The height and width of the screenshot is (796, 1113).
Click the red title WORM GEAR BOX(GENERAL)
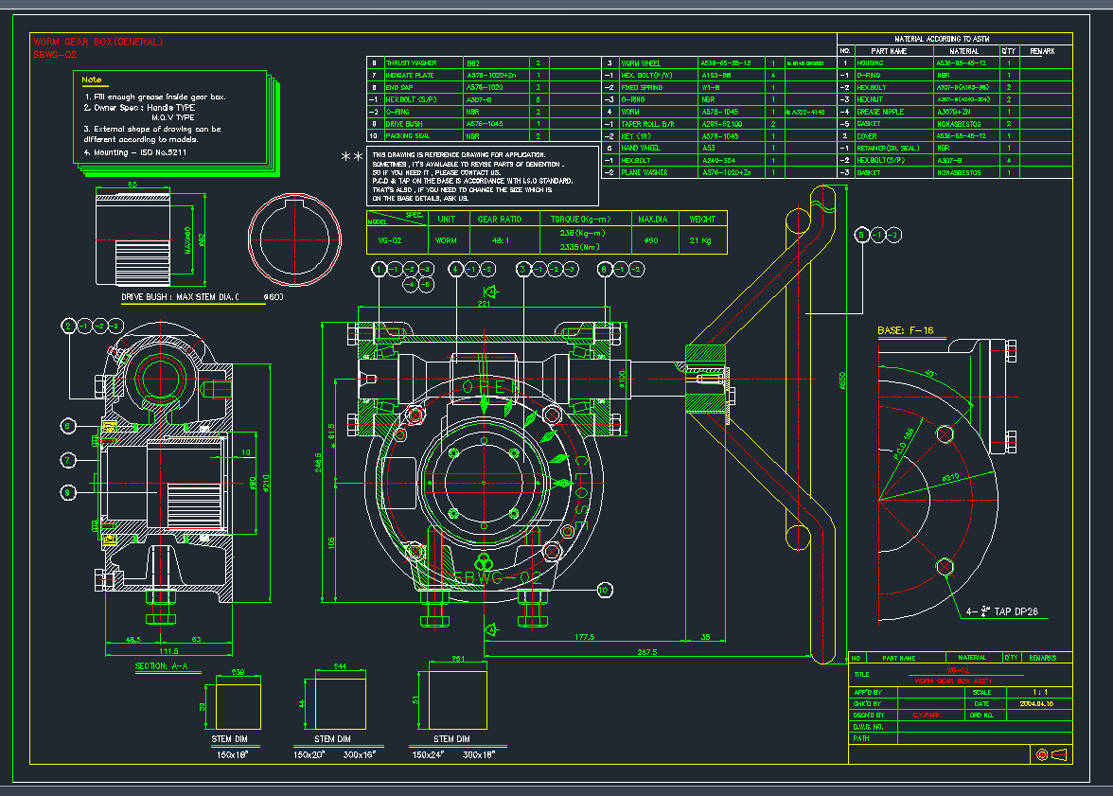pos(97,42)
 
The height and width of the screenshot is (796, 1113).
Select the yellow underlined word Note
pos(92,80)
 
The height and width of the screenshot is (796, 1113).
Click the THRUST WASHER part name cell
pos(411,62)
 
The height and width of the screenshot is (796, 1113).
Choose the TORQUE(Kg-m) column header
pos(578,219)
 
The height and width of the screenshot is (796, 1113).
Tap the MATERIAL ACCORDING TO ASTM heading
pos(955,39)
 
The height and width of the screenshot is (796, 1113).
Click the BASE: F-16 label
pos(906,330)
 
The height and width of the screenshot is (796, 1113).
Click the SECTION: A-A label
pos(162,666)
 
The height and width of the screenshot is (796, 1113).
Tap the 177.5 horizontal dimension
pos(583,637)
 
